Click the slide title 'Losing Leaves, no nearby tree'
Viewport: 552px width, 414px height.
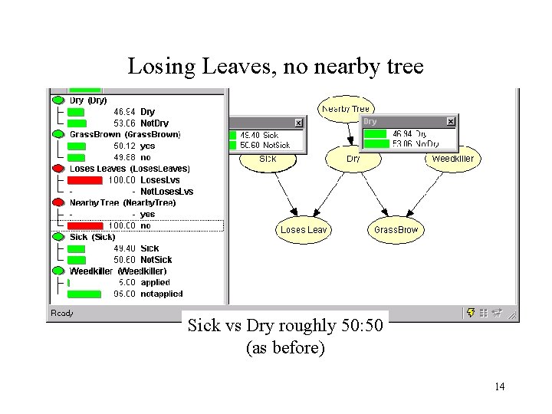pos(275,67)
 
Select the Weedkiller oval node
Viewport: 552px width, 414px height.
pos(452,159)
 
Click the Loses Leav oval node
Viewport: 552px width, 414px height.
pos(304,229)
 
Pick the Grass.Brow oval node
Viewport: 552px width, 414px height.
pos(396,229)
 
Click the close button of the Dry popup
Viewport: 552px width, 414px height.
pos(451,122)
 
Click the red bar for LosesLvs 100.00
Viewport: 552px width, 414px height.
pos(84,180)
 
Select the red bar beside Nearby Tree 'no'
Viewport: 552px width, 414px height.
pos(84,226)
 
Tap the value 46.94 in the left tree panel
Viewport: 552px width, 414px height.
pos(123,112)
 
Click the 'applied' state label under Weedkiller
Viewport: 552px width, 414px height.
pos(155,283)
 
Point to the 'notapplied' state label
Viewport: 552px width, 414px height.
pos(161,294)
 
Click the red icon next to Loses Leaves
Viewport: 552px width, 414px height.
pos(58,169)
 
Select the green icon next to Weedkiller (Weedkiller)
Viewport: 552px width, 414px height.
pos(58,271)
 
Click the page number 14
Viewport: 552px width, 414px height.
pos(499,386)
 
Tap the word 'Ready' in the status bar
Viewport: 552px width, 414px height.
pos(61,313)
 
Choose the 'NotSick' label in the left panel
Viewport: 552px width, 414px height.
pos(156,260)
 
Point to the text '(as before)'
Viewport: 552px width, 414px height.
pos(285,349)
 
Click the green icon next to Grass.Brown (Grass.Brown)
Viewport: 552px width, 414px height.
pos(58,134)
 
